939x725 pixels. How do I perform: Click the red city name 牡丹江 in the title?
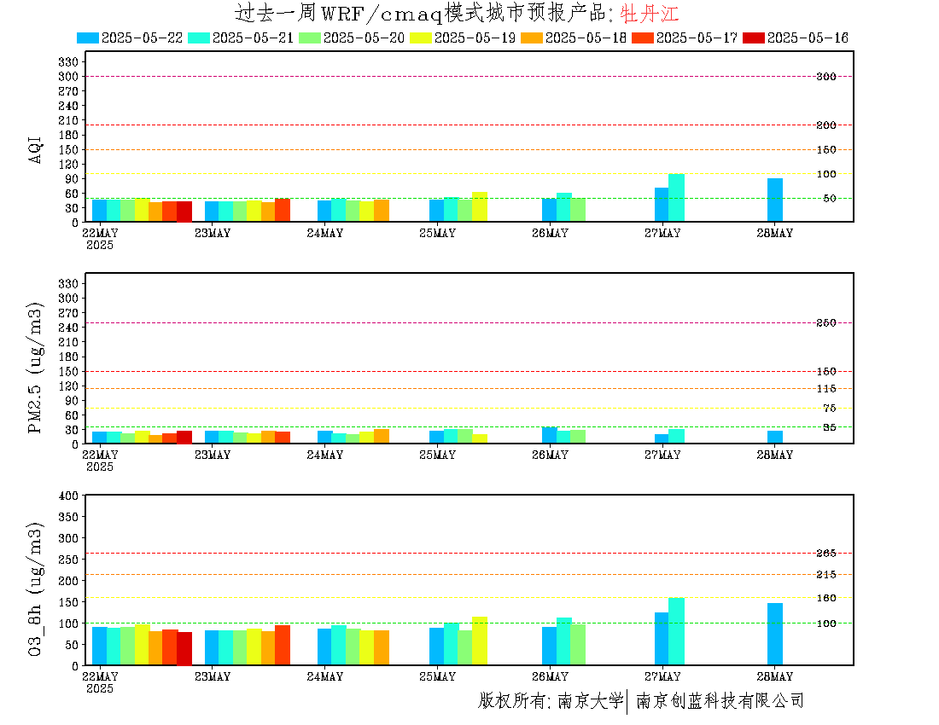(x=649, y=13)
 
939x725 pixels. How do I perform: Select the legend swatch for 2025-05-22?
(x=88, y=38)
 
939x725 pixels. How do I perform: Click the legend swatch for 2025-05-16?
(x=754, y=38)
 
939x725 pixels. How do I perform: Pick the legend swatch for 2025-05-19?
(x=420, y=38)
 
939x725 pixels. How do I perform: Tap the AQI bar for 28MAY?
(x=775, y=200)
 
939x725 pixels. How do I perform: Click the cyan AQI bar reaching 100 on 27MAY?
(x=676, y=198)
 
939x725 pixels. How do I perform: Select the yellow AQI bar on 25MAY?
(x=480, y=207)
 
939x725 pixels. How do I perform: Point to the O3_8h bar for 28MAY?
(x=775, y=634)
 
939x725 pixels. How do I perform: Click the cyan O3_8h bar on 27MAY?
(x=676, y=632)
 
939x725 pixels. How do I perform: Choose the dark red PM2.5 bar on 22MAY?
(x=184, y=438)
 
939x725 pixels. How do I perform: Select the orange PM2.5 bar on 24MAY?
(x=382, y=437)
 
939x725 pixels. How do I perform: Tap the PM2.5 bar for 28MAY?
(x=775, y=438)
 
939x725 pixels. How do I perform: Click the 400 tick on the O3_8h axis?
(x=68, y=496)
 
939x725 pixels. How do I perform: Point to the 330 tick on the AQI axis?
(x=68, y=61)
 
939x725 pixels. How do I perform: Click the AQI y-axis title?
(x=35, y=149)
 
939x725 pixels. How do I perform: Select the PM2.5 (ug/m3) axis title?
(x=35, y=368)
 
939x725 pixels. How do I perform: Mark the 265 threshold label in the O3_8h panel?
(x=826, y=553)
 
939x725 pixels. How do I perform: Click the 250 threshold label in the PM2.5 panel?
(x=826, y=322)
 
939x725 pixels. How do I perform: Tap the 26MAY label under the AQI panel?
(x=551, y=234)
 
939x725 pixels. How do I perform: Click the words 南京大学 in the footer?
(x=591, y=700)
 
